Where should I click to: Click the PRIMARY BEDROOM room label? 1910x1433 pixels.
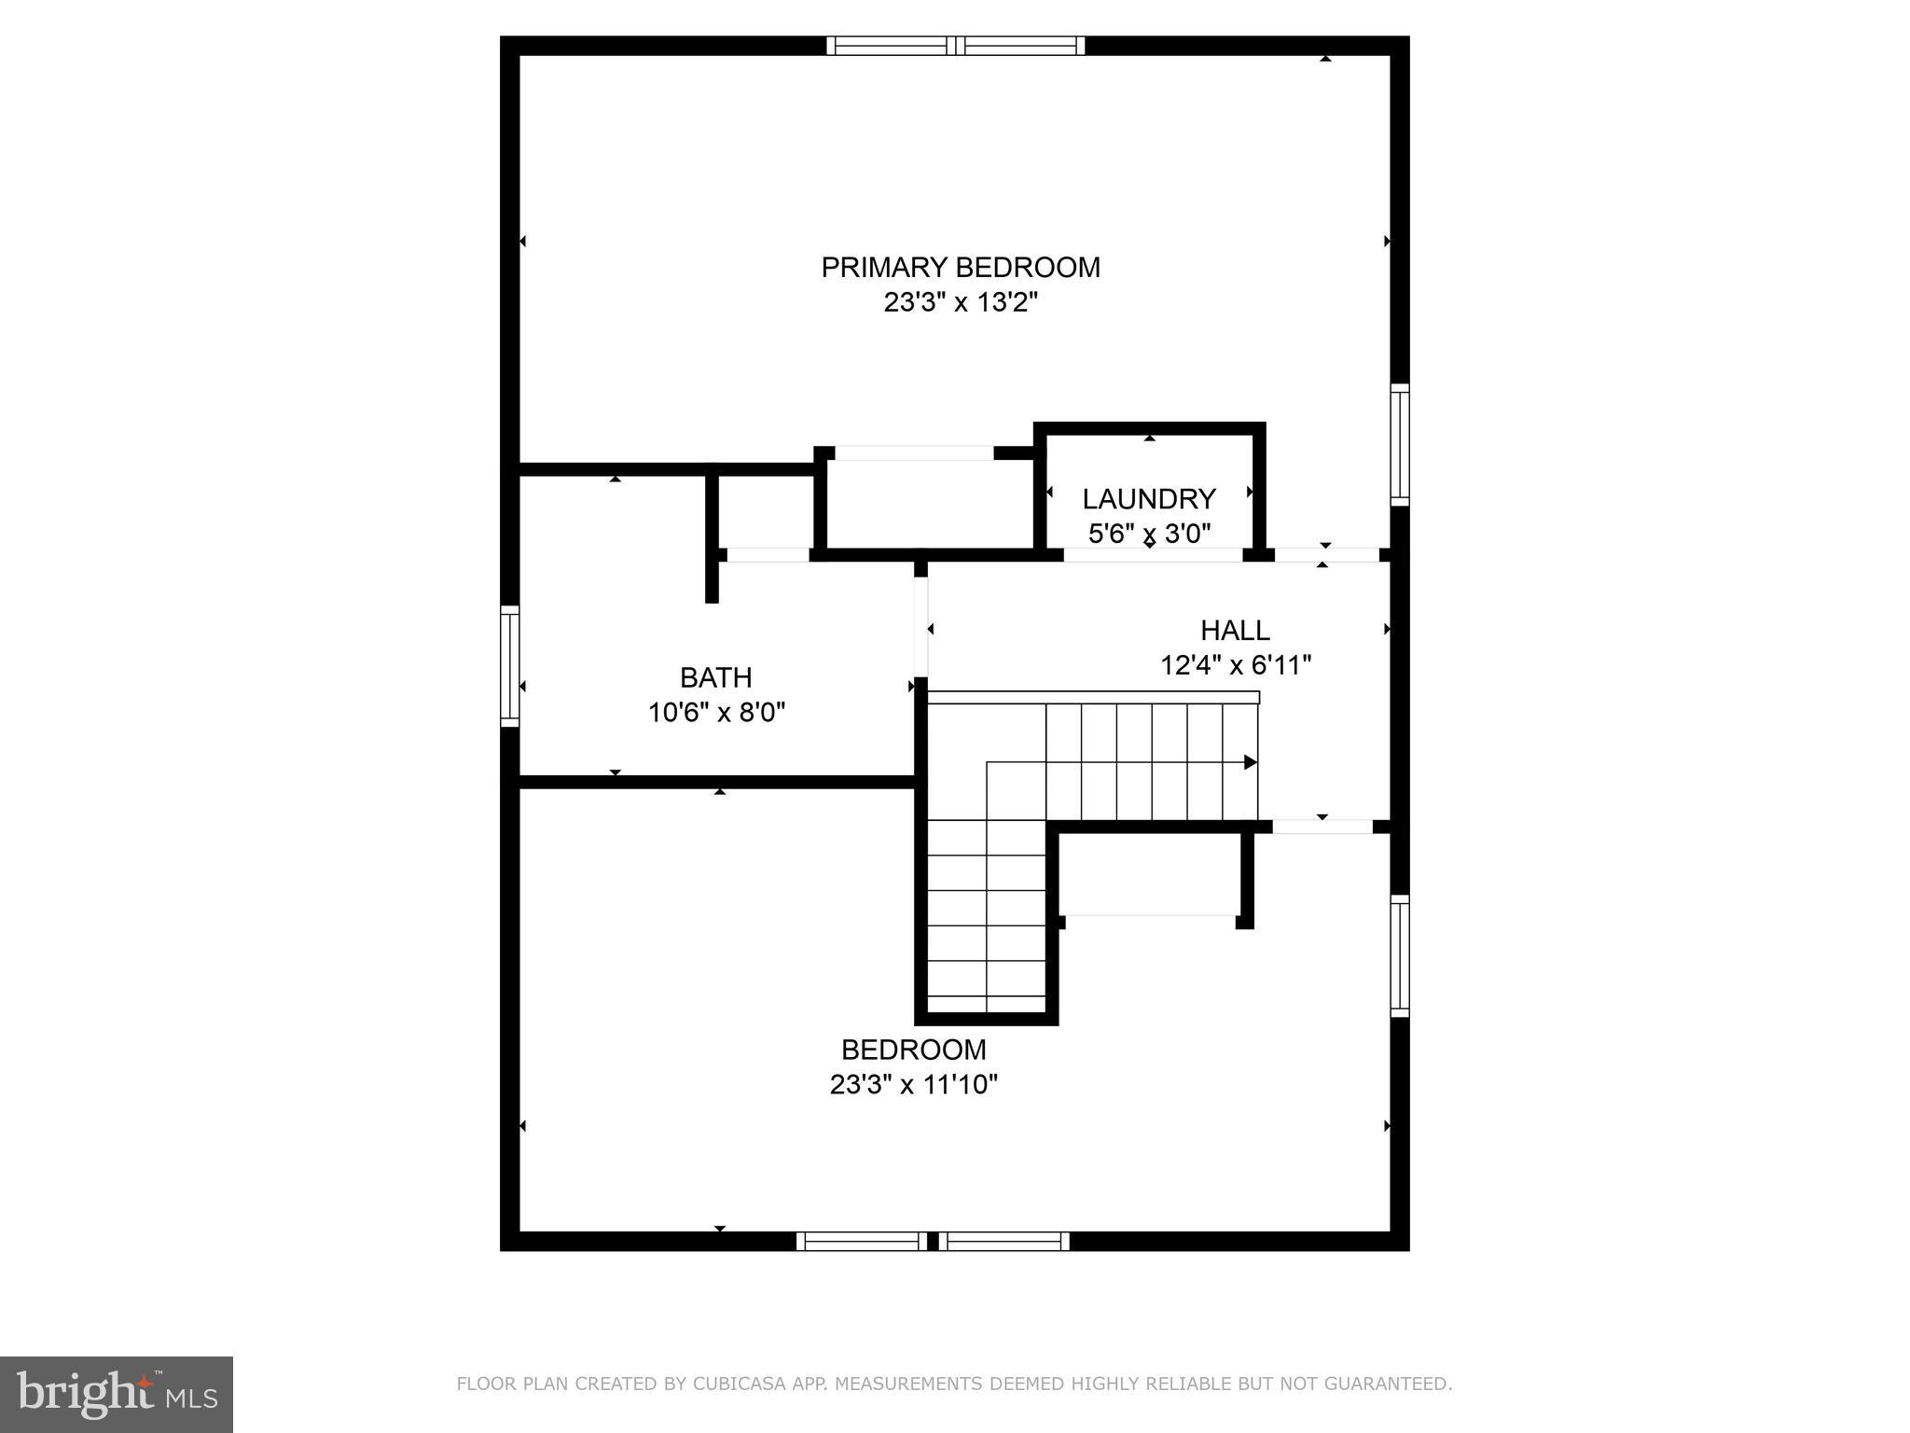tap(960, 268)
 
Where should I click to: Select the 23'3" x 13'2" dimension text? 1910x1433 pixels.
tap(960, 303)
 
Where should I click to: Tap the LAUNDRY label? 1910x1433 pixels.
tap(1148, 499)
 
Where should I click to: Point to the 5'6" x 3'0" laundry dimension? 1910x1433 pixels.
tap(1148, 535)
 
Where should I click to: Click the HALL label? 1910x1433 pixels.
tap(1234, 631)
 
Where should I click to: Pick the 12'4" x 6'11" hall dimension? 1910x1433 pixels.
tap(1235, 666)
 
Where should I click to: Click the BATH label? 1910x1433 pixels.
tap(715, 677)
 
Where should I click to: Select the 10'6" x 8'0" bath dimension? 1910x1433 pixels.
tap(716, 713)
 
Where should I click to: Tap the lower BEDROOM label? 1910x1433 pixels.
tap(913, 1050)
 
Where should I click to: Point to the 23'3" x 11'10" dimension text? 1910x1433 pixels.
tap(913, 1085)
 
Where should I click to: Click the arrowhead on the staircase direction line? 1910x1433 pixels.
tap(1251, 762)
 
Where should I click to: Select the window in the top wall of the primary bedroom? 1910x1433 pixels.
tap(955, 46)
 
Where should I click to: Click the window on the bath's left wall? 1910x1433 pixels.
tap(509, 665)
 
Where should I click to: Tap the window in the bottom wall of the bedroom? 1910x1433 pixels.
tap(933, 1241)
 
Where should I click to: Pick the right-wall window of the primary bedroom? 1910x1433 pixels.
tap(1399, 445)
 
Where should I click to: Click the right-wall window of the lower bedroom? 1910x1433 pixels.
tap(1399, 955)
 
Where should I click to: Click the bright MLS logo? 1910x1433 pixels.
tap(117, 1394)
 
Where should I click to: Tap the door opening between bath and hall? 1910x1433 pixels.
tap(920, 627)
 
